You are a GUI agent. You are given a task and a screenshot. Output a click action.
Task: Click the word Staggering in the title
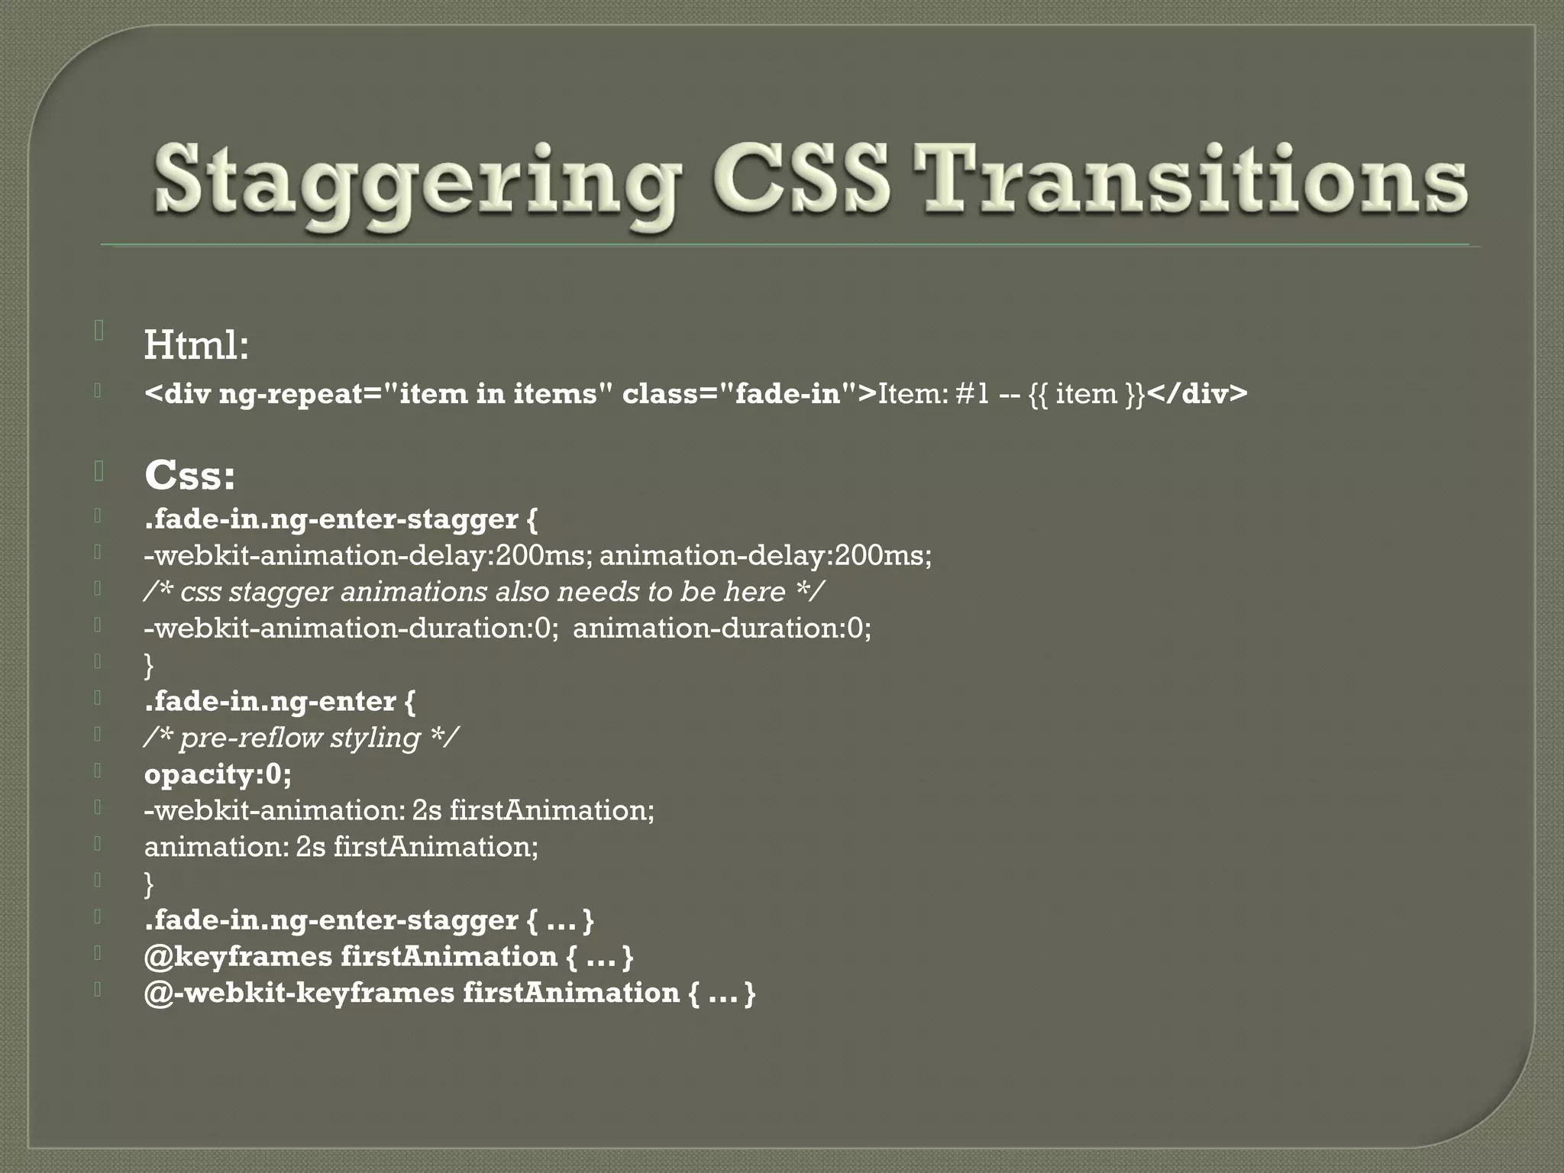[x=416, y=183]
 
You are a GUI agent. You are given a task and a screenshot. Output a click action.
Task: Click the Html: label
[x=196, y=345]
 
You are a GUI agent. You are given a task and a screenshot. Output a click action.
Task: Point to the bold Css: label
[x=189, y=475]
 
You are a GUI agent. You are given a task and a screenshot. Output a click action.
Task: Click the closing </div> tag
[x=1197, y=394]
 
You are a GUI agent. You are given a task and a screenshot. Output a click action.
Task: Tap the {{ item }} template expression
[x=1087, y=394]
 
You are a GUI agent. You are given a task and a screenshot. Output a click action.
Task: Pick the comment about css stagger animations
[x=483, y=592]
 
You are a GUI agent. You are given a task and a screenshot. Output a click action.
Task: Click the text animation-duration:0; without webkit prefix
[x=722, y=629]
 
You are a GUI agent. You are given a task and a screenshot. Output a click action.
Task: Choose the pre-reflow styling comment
[x=301, y=738]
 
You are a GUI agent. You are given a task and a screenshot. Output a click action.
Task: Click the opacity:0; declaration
[x=218, y=774]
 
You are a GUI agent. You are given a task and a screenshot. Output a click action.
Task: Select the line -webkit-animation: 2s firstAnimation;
[x=399, y=810]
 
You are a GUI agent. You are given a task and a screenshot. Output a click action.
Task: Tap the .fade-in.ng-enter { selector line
[x=280, y=701]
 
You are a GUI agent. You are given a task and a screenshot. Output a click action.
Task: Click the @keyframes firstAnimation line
[x=389, y=956]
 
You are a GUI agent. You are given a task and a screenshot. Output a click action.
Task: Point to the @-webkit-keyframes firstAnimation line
[x=450, y=993]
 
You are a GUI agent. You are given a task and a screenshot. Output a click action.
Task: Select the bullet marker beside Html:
[x=99, y=331]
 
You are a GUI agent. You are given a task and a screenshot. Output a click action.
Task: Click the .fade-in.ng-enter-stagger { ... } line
[x=369, y=920]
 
